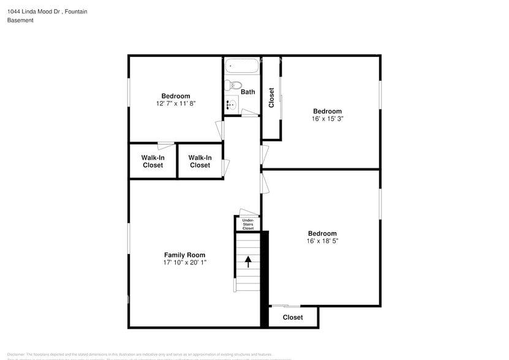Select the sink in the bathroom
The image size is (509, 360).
[230, 105]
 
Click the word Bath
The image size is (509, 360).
[248, 92]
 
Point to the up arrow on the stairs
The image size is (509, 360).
[248, 261]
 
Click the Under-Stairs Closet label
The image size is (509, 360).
[248, 224]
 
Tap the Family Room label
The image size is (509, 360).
[184, 255]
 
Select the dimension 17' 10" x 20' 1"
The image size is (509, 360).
[184, 263]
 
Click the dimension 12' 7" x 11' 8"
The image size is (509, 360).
[176, 104]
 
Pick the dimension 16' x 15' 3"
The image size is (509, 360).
[327, 119]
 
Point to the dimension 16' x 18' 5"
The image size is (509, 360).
[322, 241]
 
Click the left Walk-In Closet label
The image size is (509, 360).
[153, 161]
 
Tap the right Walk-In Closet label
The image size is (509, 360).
[200, 161]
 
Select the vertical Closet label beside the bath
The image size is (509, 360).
[271, 98]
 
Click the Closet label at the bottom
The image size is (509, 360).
[293, 317]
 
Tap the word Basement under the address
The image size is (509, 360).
[20, 20]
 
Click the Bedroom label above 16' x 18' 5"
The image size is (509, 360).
[322, 233]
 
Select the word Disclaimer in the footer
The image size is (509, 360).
[16, 354]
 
